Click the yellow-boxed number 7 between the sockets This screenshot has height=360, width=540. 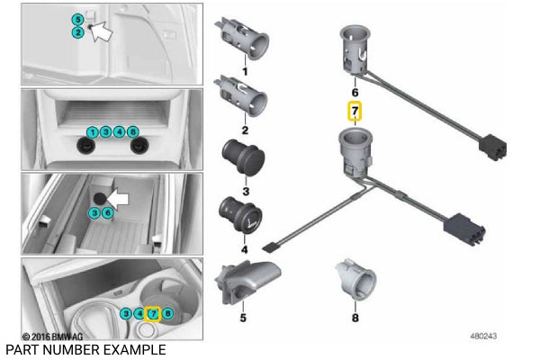coord(355,112)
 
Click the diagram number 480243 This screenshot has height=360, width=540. coord(484,336)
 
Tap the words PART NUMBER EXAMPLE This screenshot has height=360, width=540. coord(85,349)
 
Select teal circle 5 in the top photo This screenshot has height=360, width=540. coord(78,19)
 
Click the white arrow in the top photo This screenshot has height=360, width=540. coord(103,31)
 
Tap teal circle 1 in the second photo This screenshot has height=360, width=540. coord(92,132)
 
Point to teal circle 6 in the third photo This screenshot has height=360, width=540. coord(107,212)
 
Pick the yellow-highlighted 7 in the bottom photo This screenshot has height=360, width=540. coord(154,314)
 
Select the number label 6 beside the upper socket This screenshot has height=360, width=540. coord(355,92)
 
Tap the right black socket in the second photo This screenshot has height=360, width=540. coord(140,147)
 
